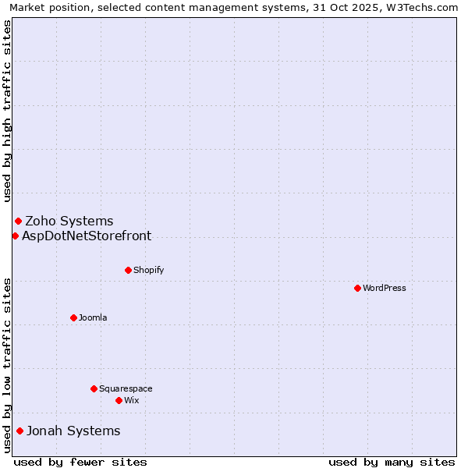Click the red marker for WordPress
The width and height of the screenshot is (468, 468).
(x=357, y=288)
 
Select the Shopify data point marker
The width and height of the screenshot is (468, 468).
(x=128, y=270)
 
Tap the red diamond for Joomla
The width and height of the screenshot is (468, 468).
(x=73, y=317)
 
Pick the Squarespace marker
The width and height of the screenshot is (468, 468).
(x=94, y=388)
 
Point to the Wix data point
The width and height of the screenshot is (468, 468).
(x=119, y=400)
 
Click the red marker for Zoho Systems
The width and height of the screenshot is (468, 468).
(x=18, y=221)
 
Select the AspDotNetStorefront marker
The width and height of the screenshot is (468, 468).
(x=15, y=236)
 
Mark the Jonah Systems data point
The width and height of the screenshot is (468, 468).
(x=19, y=431)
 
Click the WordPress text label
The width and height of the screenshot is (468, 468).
(x=385, y=288)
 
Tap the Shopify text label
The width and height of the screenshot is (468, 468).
(x=148, y=270)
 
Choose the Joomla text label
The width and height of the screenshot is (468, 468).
(x=93, y=317)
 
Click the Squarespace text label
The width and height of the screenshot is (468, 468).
(x=126, y=388)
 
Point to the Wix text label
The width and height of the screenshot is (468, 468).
(x=132, y=400)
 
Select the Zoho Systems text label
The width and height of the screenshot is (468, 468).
(x=69, y=221)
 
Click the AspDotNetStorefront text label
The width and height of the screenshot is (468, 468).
(x=87, y=236)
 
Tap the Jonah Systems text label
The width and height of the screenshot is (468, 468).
(x=73, y=431)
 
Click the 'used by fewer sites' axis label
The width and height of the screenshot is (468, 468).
(x=80, y=462)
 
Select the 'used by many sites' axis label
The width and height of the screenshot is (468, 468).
(x=392, y=462)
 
